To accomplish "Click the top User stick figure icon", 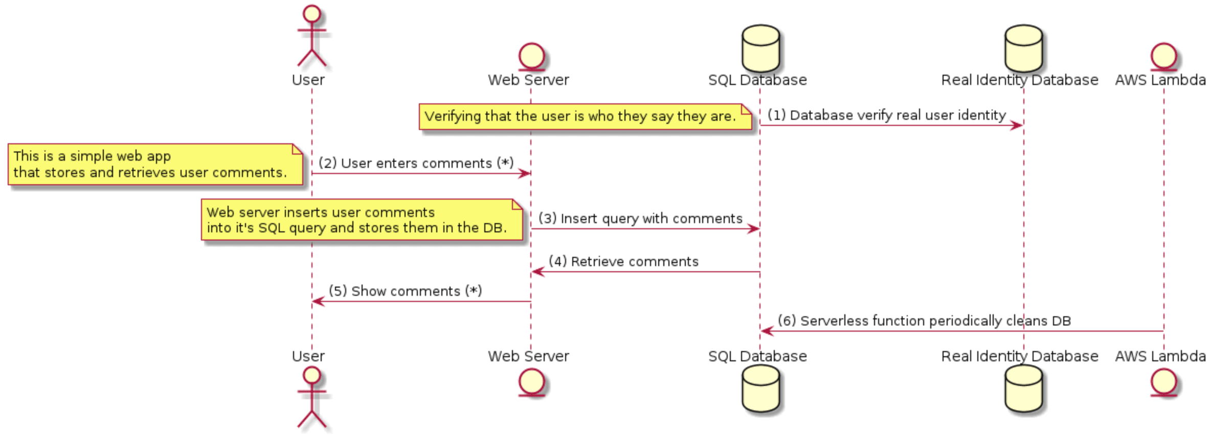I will coord(311,36).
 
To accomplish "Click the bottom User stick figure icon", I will coord(311,397).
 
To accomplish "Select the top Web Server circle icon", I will coord(531,56).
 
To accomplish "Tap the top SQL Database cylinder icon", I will coord(760,49).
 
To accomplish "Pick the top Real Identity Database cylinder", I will coord(1023,49).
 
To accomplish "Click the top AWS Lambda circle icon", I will coord(1163,56).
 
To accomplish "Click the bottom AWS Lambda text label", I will coord(1160,356).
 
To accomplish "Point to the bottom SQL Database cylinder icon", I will coord(760,389).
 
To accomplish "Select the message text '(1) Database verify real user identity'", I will coord(886,115).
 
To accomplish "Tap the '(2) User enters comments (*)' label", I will coord(416,163).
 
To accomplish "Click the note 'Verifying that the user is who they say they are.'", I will coord(585,117).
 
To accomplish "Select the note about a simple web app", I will coord(155,164).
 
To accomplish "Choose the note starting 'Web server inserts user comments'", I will coord(362,220).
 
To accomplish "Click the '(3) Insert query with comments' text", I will coord(640,219).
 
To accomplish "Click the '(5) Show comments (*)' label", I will coord(405,291).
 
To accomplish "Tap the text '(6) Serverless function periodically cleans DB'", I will coord(924,321).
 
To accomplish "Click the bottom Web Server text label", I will coord(528,356).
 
